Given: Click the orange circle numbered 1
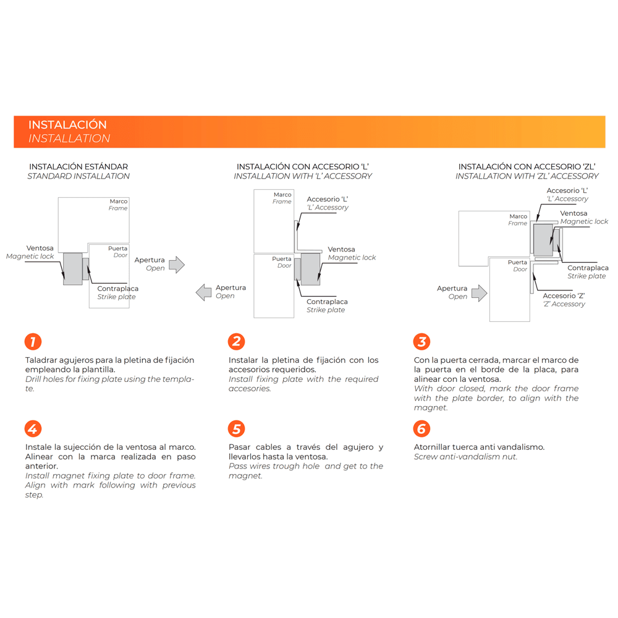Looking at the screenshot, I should [x=33, y=342].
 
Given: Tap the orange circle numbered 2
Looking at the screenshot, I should [x=236, y=342].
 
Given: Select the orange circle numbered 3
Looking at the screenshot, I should [x=421, y=342].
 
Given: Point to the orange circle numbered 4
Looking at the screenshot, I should [x=33, y=428].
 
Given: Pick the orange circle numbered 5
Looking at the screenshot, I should [x=236, y=428].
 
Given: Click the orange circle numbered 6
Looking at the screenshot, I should [x=421, y=428].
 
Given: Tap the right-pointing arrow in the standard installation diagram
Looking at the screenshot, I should [x=177, y=265].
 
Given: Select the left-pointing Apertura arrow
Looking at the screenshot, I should [x=204, y=292].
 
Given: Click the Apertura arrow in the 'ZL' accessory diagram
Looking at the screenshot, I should [x=479, y=292].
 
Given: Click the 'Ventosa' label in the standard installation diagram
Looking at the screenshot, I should [x=40, y=248].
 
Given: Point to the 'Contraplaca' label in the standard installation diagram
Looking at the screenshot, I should [x=117, y=289].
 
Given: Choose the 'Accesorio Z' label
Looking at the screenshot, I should [x=564, y=295].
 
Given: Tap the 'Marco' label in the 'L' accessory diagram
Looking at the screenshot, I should [x=282, y=195].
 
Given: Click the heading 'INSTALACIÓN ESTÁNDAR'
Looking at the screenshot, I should [x=78, y=167].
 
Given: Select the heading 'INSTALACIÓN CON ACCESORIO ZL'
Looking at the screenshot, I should [x=527, y=167].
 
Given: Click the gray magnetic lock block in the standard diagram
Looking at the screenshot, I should [x=72, y=269].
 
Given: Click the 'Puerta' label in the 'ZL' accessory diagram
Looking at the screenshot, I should [x=517, y=263].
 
